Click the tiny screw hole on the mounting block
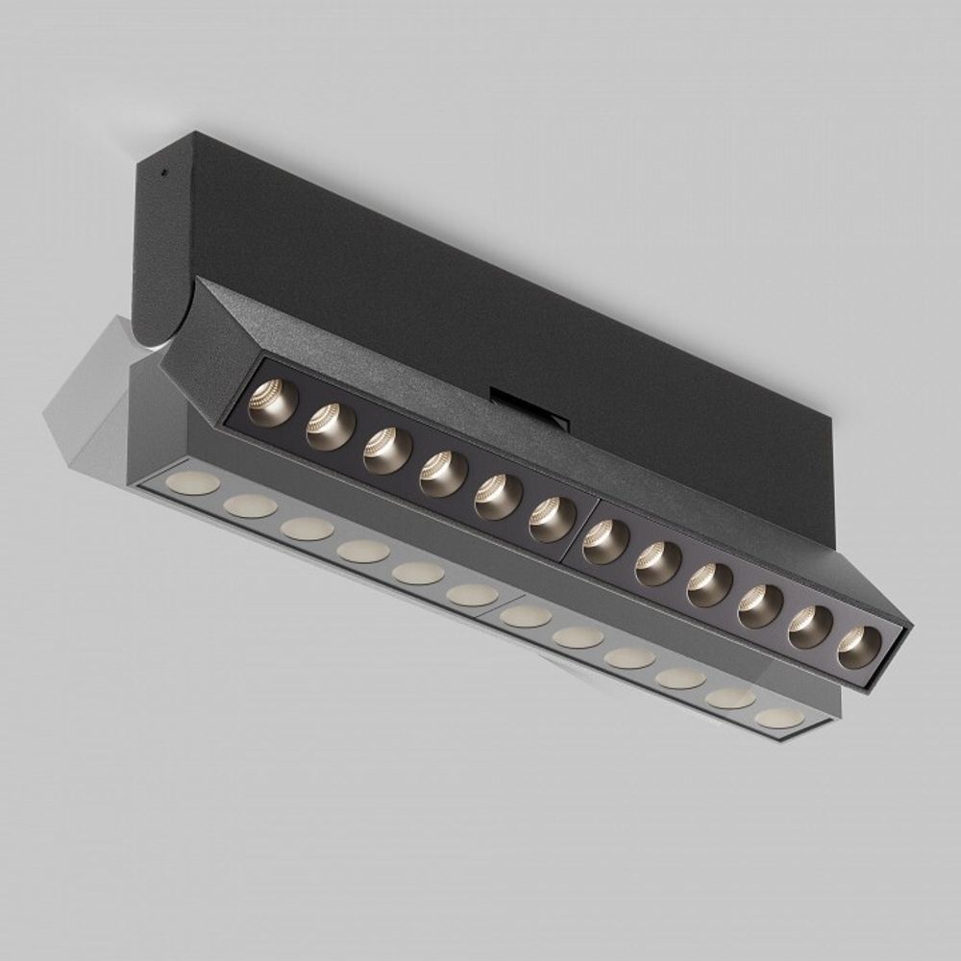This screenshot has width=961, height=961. (164, 174)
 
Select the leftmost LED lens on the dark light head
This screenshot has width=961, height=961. (273, 402)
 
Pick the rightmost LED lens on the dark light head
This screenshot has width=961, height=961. (859, 648)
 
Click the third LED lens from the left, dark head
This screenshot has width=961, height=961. (387, 450)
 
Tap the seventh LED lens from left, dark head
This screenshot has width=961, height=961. (606, 541)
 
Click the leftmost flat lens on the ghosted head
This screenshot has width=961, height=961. (193, 482)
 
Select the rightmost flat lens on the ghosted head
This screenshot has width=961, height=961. (779, 718)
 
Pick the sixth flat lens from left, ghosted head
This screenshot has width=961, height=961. (473, 595)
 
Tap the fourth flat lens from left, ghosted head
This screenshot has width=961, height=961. (363, 551)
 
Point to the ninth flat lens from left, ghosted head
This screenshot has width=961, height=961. (629, 657)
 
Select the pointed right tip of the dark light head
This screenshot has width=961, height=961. (908, 629)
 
